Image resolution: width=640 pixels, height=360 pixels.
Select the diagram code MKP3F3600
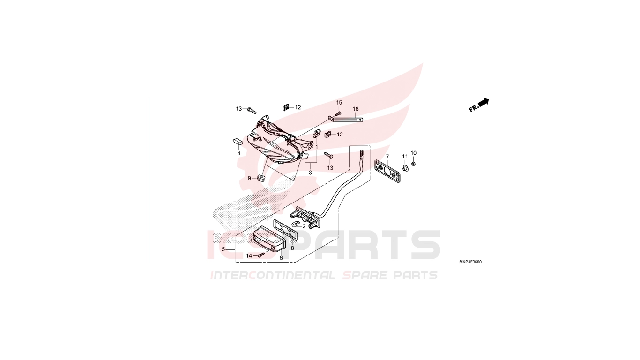(x=470, y=262)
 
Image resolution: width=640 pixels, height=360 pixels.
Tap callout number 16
(x=356, y=109)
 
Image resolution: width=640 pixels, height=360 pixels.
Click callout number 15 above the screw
(x=339, y=102)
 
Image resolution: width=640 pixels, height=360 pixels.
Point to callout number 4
(x=239, y=153)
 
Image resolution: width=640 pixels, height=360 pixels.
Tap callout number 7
(x=387, y=157)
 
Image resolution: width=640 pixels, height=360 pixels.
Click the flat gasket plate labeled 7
(x=387, y=172)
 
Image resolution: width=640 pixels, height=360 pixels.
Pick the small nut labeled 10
(x=413, y=164)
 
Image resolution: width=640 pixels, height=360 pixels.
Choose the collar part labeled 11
(x=405, y=168)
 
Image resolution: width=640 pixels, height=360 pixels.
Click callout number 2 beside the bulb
(x=304, y=226)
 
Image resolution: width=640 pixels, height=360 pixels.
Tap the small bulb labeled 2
(x=295, y=225)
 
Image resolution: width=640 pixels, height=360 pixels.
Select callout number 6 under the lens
(x=281, y=258)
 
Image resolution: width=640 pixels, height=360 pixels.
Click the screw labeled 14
(x=261, y=255)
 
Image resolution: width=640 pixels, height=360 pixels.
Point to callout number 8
(x=292, y=248)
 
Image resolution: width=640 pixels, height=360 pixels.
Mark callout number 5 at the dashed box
(x=223, y=249)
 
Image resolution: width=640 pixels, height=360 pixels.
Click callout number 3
(x=310, y=172)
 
